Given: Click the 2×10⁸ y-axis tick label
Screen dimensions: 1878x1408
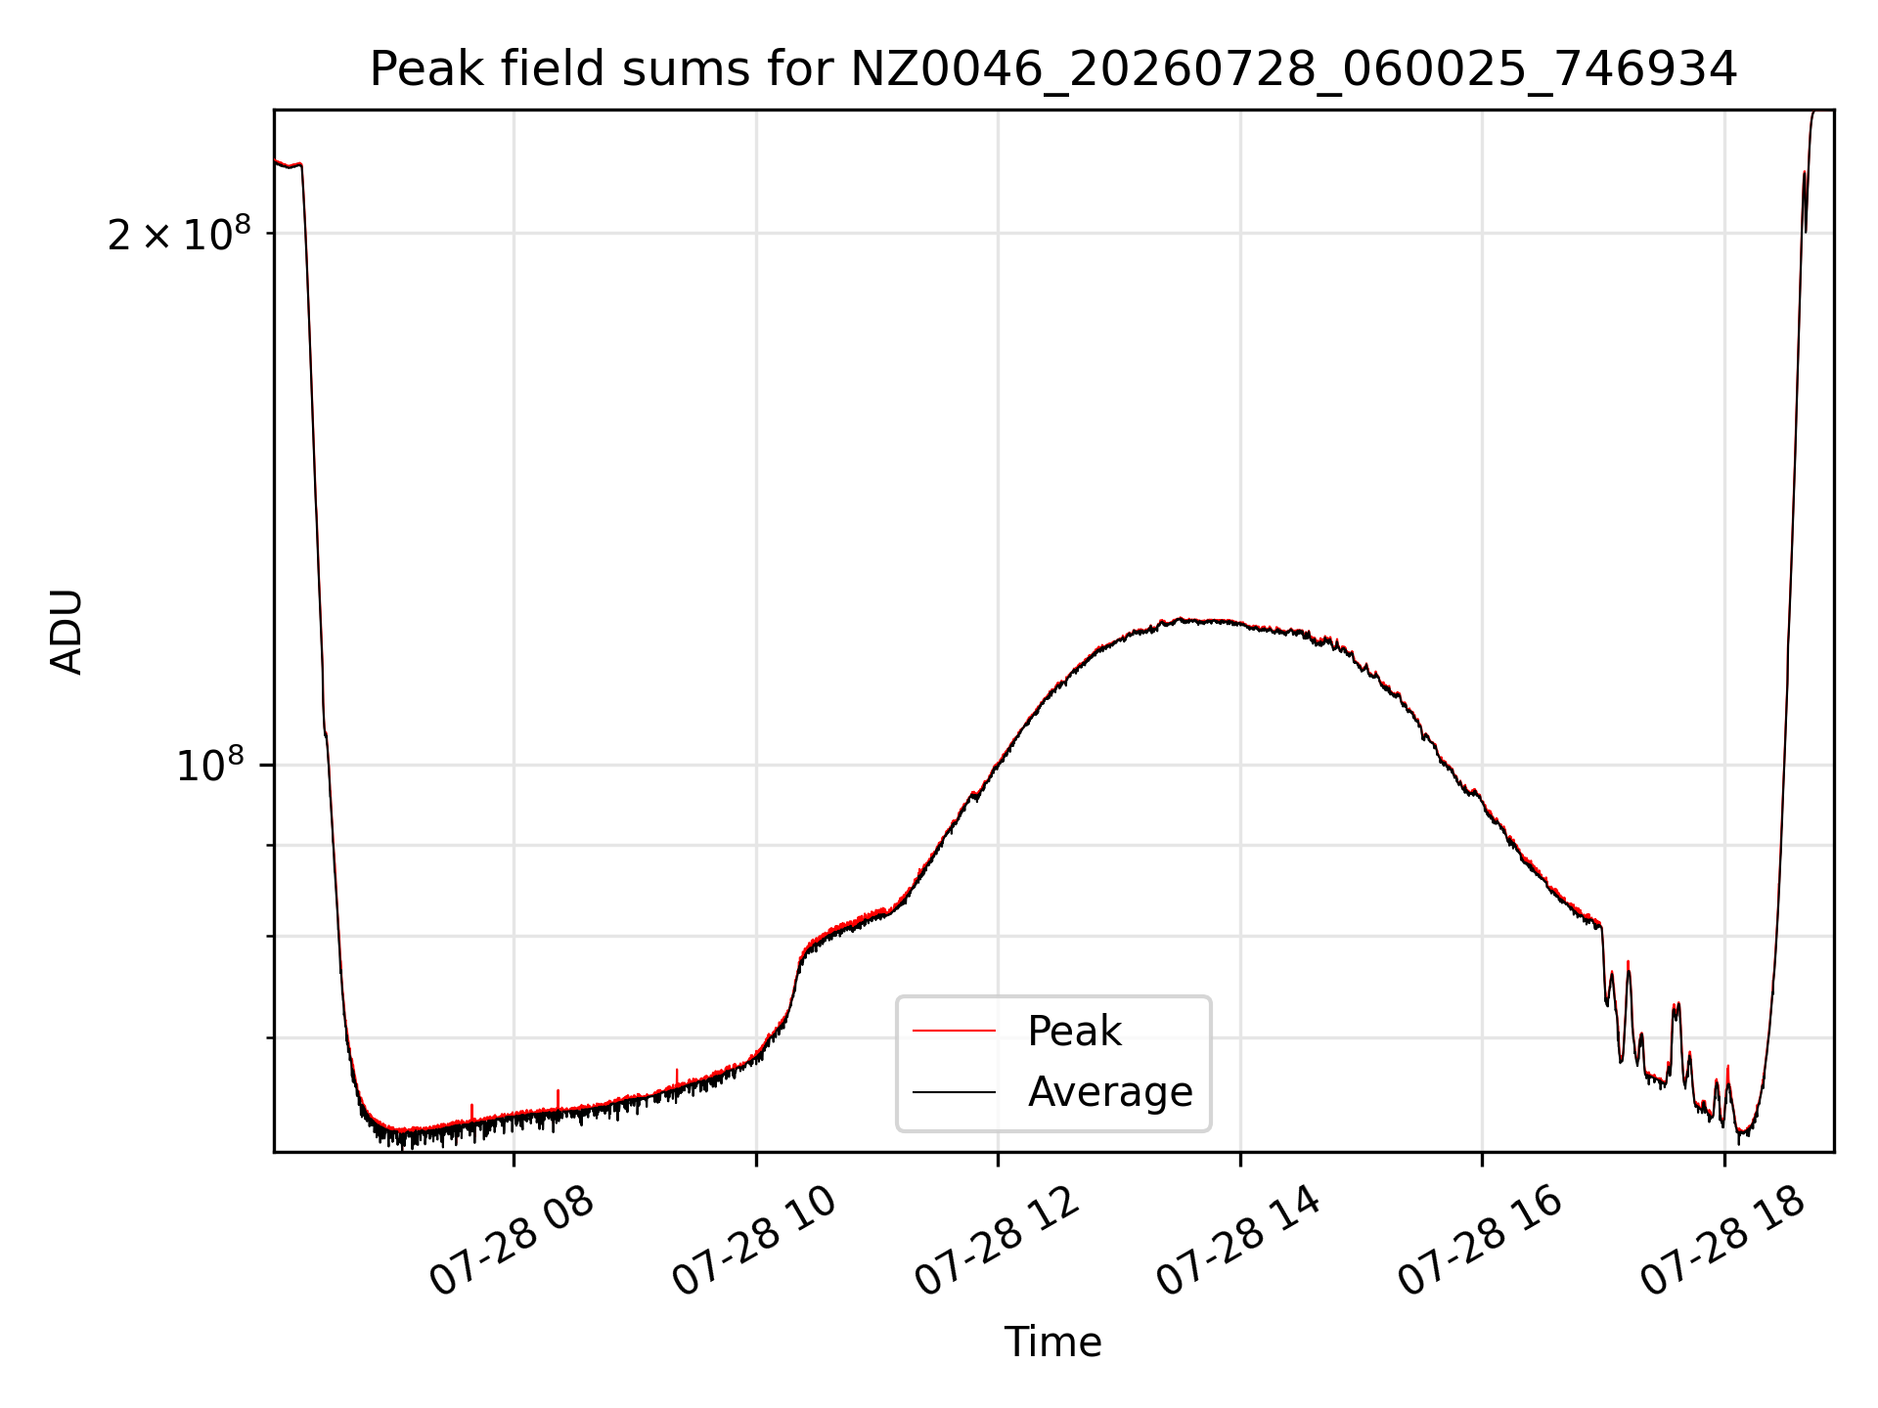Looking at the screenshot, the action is [x=179, y=234].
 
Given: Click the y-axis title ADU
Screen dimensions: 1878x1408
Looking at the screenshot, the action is [x=67, y=632].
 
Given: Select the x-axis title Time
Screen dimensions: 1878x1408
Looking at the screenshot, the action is [x=1053, y=1342].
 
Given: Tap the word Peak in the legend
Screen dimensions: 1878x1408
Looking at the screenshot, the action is [x=1074, y=1031].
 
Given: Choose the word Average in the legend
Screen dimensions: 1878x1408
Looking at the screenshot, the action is [x=1110, y=1091].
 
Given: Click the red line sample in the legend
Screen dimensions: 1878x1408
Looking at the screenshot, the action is [x=954, y=1031].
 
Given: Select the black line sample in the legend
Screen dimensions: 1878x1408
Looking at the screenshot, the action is [x=954, y=1091].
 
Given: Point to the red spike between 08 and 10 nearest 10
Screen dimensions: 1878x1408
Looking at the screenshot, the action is [x=676, y=1078].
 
